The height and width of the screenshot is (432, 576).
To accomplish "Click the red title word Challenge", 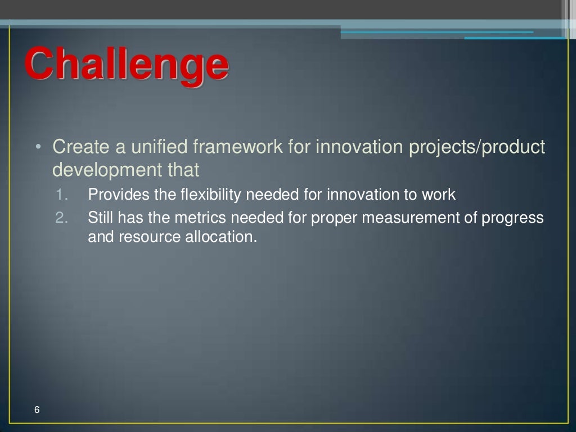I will coord(127,65).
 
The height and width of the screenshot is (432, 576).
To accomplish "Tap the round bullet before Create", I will coord(38,147).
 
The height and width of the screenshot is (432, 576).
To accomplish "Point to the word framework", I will coord(238,147).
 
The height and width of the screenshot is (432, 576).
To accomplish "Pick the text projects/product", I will coord(476,147).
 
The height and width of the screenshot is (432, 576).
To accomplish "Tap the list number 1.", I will coord(61,195).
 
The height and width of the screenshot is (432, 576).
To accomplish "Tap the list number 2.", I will coord(61,218).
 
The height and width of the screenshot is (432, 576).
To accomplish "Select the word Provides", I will coord(119,195).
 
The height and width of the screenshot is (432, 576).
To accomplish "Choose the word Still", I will coord(100,218).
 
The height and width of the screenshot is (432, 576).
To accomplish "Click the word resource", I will coord(150,237).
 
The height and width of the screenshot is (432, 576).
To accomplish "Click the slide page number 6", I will coord(37,409).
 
